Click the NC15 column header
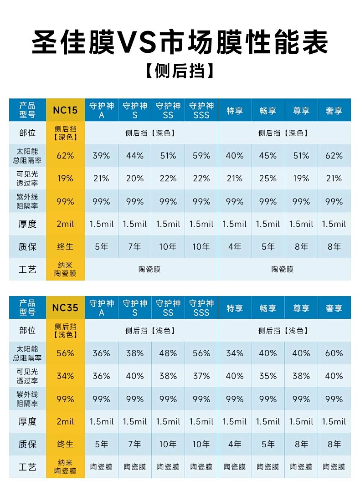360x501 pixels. (65, 110)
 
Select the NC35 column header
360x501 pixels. (65, 307)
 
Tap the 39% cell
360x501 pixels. (101, 156)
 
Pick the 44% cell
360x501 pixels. (135, 156)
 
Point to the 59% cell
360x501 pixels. (201, 156)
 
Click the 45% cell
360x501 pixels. (268, 156)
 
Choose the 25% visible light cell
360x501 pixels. (268, 179)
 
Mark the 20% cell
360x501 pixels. (135, 179)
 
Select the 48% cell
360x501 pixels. (168, 353)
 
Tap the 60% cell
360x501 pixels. (334, 353)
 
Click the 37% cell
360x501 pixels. (201, 376)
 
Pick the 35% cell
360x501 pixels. (268, 376)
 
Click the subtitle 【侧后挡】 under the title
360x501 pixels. (180, 72)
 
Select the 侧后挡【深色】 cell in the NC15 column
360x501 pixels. (65, 133)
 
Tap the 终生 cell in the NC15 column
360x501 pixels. (65, 247)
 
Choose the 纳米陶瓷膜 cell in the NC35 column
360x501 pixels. (65, 467)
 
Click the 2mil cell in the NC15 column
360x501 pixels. (65, 224)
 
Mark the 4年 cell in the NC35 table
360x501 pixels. (235, 444)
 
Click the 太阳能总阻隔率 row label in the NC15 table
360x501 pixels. (27, 156)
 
